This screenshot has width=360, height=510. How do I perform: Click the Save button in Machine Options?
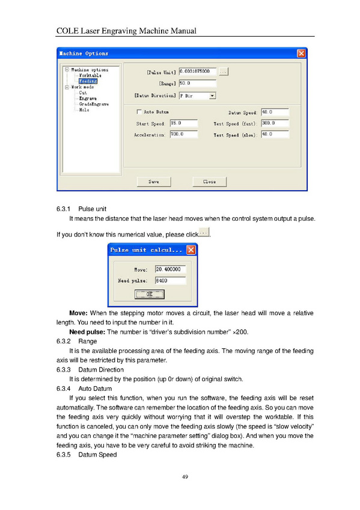click(x=154, y=182)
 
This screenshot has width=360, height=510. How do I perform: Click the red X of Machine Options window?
click(x=302, y=54)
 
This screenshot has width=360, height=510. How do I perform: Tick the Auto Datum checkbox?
click(x=139, y=112)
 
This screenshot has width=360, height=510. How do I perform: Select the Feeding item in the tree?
click(x=88, y=81)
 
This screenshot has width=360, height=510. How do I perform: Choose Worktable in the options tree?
click(x=90, y=75)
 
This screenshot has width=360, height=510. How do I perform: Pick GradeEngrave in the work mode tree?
click(x=94, y=104)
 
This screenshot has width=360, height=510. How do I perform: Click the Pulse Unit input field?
click(x=198, y=71)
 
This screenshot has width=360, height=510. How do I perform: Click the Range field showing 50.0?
click(x=198, y=83)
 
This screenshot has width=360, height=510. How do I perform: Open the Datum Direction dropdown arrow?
click(x=213, y=96)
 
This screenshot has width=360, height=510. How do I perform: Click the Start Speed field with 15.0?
click(x=184, y=123)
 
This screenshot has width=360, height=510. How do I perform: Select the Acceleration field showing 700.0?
click(x=184, y=134)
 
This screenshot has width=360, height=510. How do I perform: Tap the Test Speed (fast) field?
click(x=275, y=123)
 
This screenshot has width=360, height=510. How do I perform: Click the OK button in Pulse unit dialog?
click(x=150, y=294)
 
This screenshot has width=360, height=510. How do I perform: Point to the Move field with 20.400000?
click(x=171, y=269)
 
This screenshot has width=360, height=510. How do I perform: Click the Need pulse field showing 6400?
click(x=171, y=280)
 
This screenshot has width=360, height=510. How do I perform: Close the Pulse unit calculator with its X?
click(x=191, y=250)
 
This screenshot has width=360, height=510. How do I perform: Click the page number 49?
click(x=185, y=477)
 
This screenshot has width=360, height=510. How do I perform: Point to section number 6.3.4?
click(x=63, y=389)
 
